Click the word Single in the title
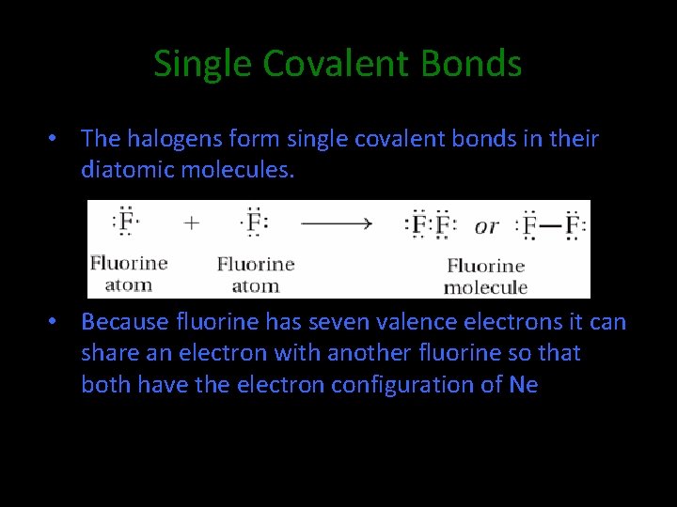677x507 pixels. point(203,64)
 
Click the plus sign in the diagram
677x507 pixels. point(192,223)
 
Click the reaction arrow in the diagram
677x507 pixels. point(337,223)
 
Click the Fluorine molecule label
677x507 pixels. point(485,277)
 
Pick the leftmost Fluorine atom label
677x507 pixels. point(129,273)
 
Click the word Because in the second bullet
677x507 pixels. point(122,322)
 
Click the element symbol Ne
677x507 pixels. point(523,385)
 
